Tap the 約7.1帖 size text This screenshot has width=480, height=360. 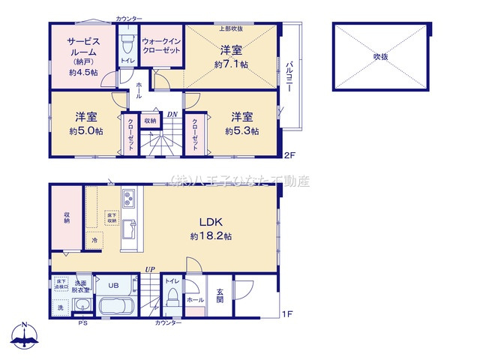230,66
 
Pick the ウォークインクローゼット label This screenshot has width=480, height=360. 159,46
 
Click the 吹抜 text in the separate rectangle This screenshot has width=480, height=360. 381,56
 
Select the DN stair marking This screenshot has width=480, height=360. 172,115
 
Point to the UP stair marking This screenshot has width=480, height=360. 150,268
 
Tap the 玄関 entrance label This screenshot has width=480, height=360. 219,295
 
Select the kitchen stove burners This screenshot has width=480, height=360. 127,199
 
